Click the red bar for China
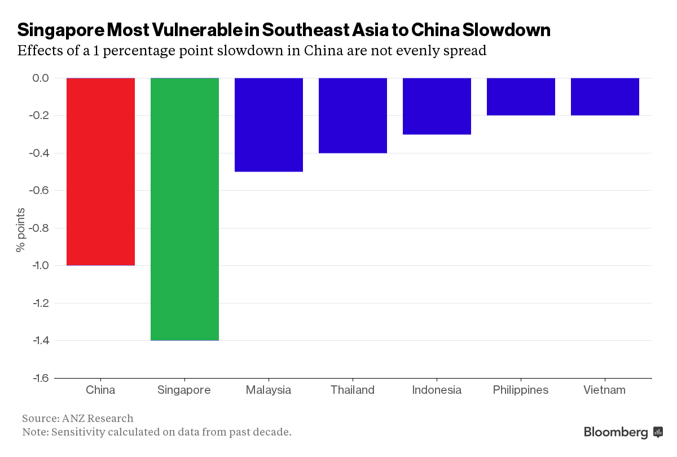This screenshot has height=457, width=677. point(100,172)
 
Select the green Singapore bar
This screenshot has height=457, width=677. point(184,209)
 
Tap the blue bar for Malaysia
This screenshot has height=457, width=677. point(269,125)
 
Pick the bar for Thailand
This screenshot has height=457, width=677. point(353,115)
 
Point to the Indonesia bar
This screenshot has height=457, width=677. point(437,106)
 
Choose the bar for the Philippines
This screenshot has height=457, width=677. point(521,96)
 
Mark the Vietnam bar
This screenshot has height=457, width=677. point(605,96)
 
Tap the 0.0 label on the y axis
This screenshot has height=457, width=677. point(40,78)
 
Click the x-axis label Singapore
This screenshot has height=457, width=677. point(184,390)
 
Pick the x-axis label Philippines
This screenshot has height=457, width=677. point(520,390)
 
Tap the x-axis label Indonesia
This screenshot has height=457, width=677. point(437,390)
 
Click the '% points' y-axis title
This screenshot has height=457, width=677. point(21,228)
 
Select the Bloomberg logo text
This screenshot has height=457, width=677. point(616,433)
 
